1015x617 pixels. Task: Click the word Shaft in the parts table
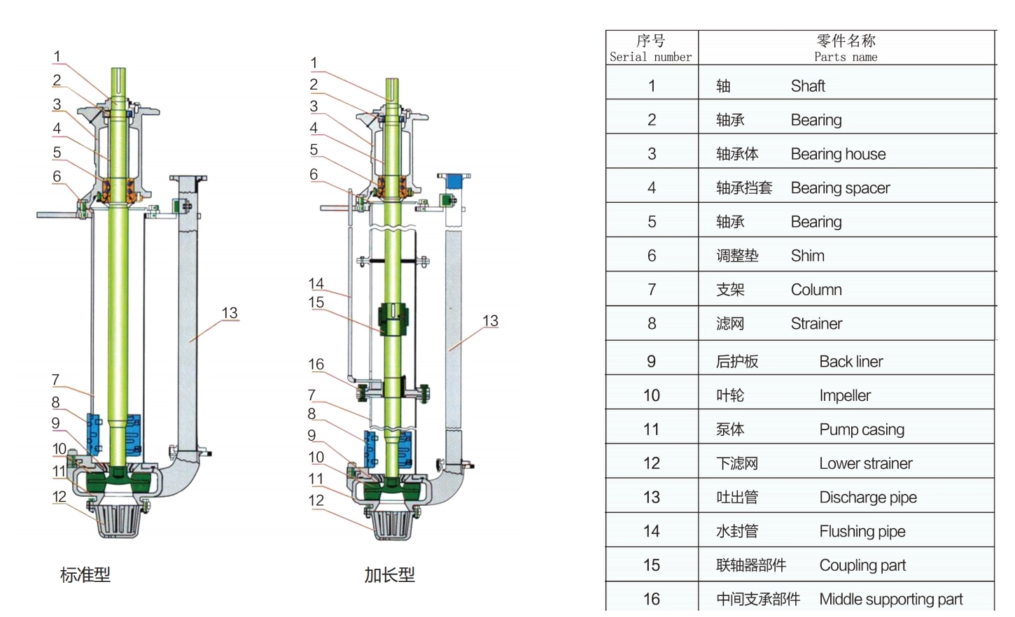pos(807,86)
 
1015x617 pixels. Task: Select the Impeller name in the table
pos(844,396)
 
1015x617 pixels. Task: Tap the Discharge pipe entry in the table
pos(867,497)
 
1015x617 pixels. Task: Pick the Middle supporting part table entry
pos(890,600)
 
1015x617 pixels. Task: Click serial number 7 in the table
pos(651,290)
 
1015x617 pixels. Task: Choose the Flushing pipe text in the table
pos(862,532)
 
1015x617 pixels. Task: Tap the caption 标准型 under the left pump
pos(85,575)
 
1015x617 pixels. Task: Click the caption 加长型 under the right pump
pos(389,575)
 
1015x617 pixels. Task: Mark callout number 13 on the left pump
pos(229,313)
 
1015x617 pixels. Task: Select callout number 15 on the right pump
pos(316,303)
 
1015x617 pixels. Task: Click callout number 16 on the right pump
pos(316,364)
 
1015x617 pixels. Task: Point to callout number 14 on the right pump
pos(316,284)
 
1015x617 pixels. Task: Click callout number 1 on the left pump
pos(57,57)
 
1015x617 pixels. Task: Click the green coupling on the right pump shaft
pos(393,319)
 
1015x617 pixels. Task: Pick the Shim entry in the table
pos(807,256)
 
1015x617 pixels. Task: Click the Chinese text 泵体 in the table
pos(729,430)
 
